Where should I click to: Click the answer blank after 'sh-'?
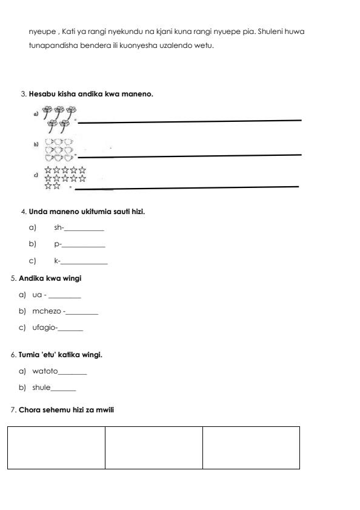[x=84, y=229]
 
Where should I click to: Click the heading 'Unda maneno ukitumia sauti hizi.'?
[x=87, y=212]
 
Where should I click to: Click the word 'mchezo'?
[x=47, y=311]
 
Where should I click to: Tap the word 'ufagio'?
[x=44, y=328]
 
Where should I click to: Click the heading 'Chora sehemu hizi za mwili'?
[x=67, y=411]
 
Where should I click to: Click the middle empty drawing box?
[x=154, y=448]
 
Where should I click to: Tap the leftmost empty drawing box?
[x=56, y=448]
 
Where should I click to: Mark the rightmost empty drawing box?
[x=251, y=448]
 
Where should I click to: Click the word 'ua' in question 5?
[x=36, y=295]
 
